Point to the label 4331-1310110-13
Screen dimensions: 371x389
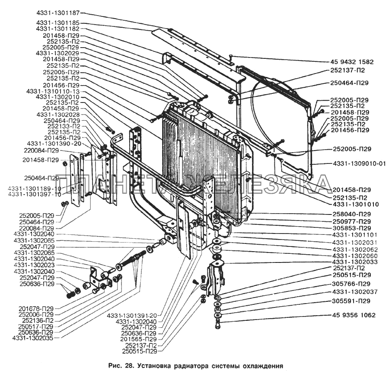tap(53, 92)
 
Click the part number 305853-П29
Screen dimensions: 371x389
tap(352, 227)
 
